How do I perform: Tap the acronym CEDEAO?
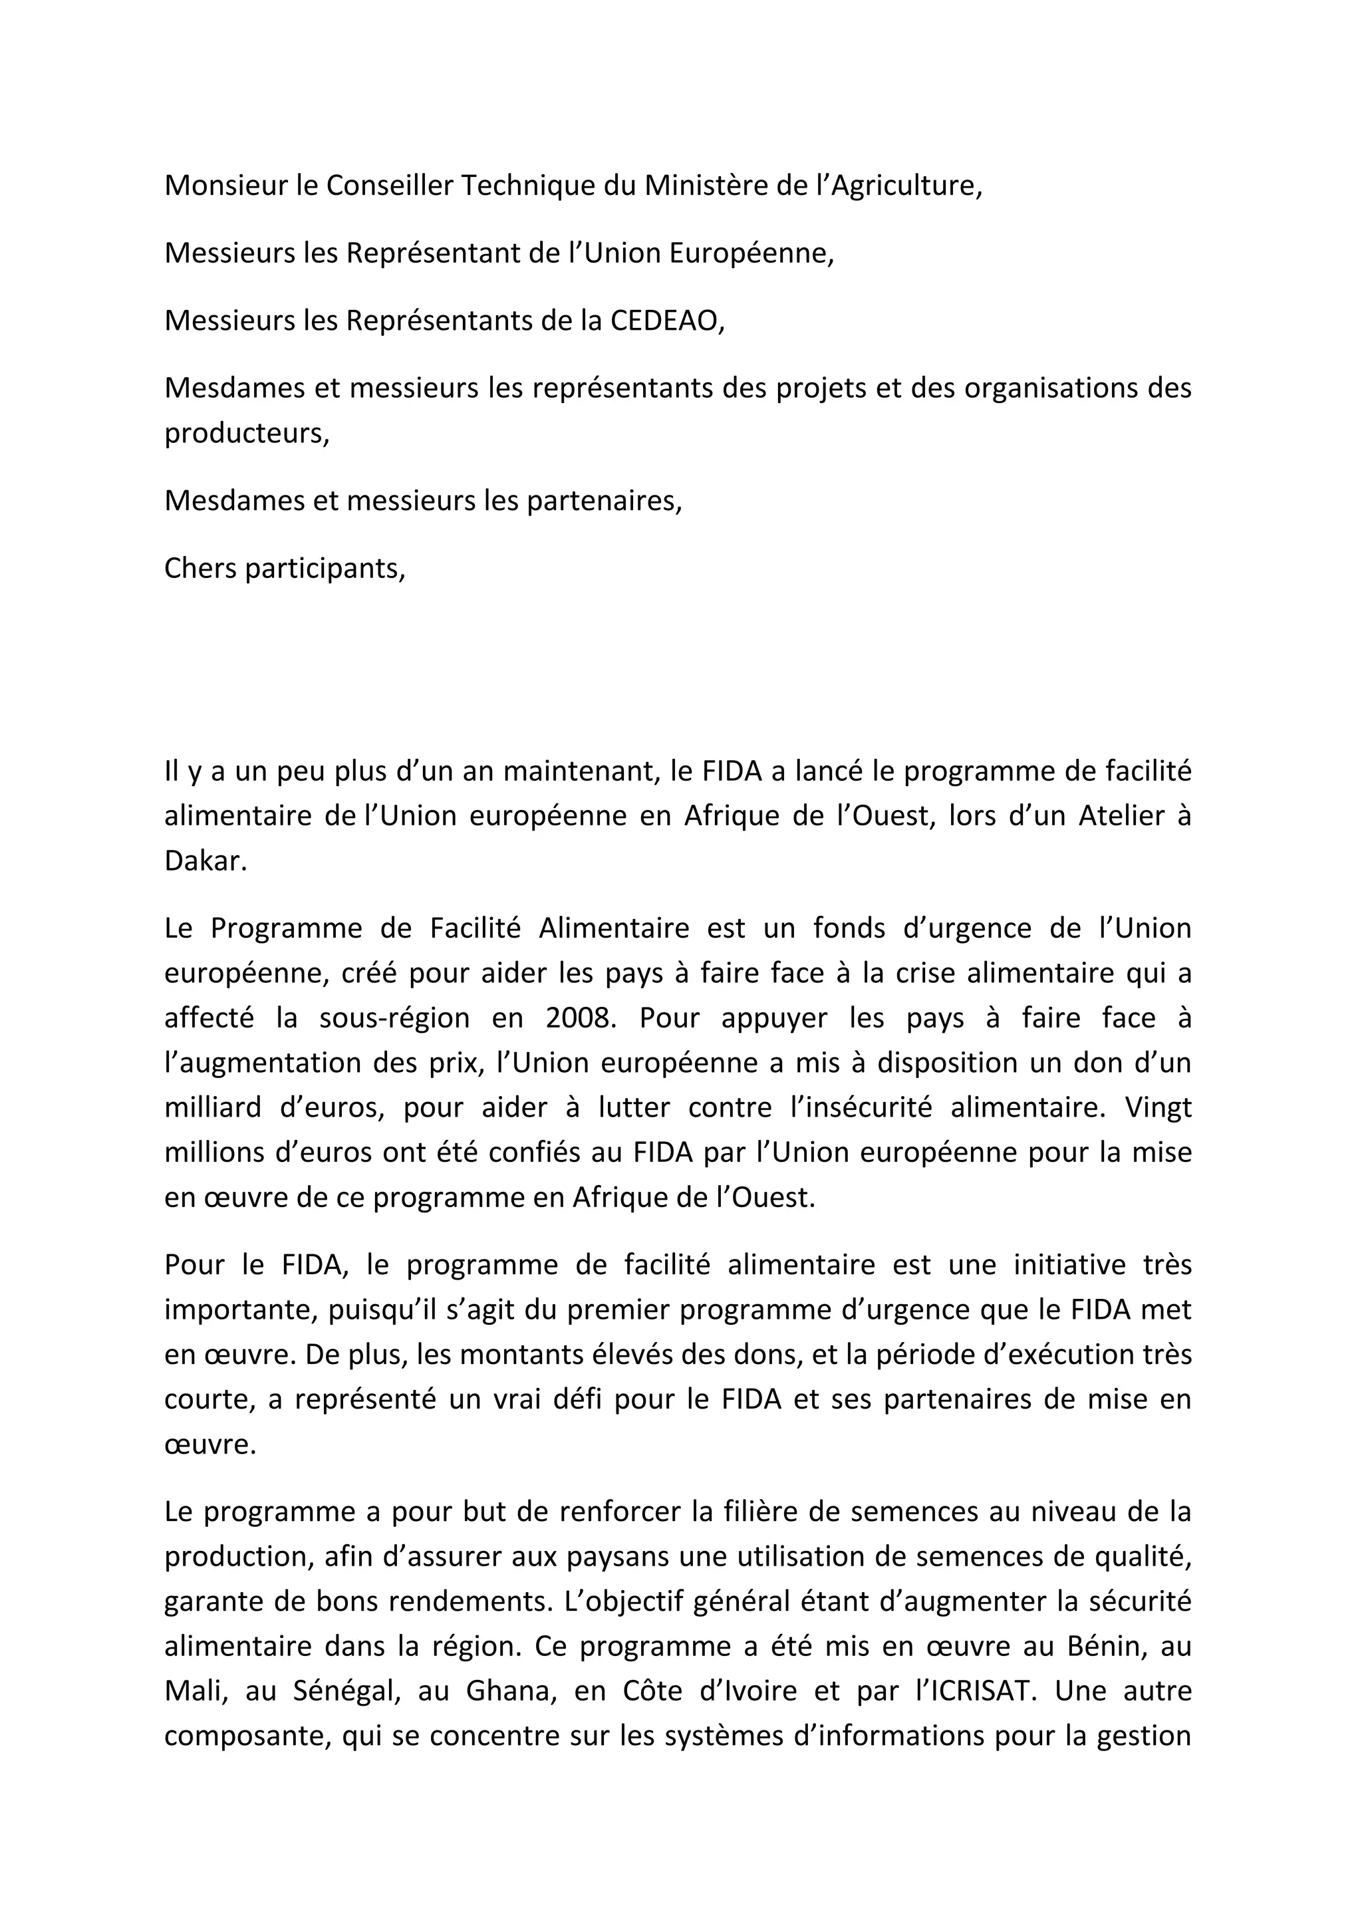coord(667,321)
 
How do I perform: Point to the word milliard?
coord(212,1107)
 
